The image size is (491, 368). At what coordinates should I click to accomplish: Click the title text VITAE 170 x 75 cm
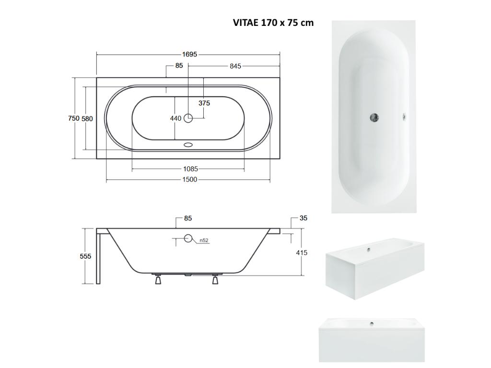(273, 23)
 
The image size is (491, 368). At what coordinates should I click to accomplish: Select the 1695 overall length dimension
(189, 55)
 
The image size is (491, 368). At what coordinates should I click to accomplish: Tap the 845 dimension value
(235, 66)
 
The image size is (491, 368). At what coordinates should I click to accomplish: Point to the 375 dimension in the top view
(204, 103)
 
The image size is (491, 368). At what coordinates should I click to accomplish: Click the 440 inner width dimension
(175, 118)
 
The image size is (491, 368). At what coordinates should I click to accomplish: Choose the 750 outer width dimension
(74, 118)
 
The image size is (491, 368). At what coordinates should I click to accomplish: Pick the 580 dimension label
(87, 119)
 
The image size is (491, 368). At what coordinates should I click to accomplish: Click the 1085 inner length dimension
(190, 169)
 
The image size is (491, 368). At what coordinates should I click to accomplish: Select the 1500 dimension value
(190, 179)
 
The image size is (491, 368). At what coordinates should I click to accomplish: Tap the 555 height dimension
(85, 256)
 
